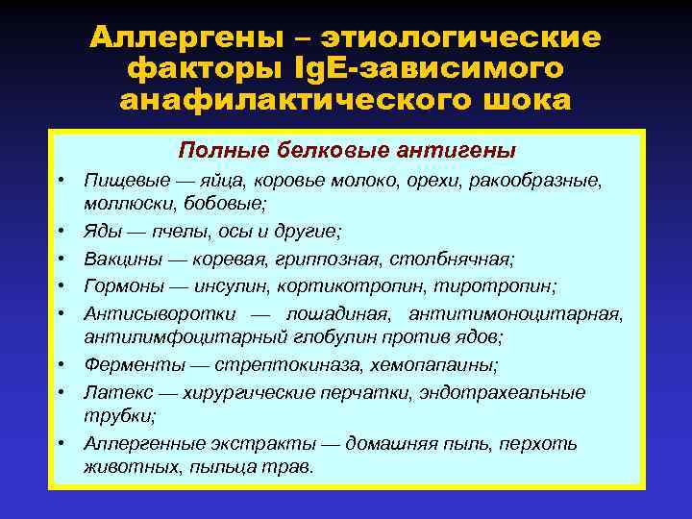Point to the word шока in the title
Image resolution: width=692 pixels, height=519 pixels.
pos(528,100)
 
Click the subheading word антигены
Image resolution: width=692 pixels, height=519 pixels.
pos(458,150)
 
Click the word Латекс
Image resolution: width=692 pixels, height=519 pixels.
pos(111,392)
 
